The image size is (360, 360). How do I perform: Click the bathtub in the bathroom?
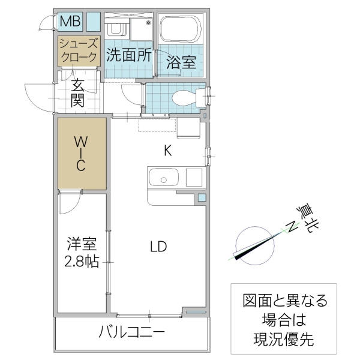182,28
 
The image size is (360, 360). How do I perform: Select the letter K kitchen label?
169,151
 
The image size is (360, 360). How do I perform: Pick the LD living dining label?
158,247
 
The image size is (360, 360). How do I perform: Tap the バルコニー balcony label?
132,331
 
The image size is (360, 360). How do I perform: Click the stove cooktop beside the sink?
195,178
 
